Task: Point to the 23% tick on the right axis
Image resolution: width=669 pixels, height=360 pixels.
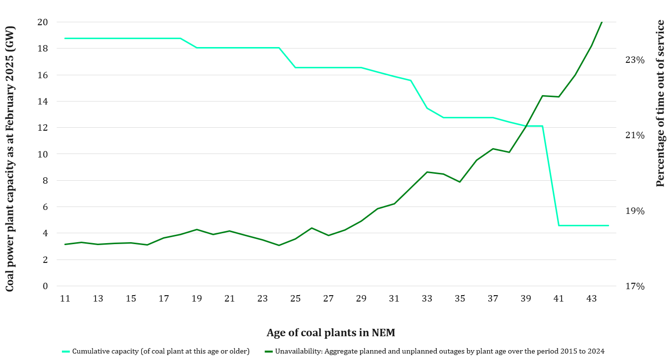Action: click(x=635, y=60)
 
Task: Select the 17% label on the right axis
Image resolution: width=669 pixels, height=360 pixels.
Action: click(x=635, y=286)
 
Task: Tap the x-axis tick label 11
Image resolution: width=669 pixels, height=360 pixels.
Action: click(x=65, y=299)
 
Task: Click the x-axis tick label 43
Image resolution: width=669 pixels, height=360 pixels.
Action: click(x=591, y=299)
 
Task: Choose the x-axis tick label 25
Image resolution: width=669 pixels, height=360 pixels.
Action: click(x=295, y=299)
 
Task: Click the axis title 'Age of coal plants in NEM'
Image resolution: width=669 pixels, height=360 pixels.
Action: click(x=331, y=332)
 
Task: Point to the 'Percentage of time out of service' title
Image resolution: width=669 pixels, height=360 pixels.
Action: click(x=660, y=103)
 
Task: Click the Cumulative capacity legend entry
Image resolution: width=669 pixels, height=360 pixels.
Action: click(x=160, y=352)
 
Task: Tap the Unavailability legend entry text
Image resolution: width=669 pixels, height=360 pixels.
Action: click(x=440, y=352)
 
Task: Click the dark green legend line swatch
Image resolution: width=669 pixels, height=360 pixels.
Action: click(x=268, y=352)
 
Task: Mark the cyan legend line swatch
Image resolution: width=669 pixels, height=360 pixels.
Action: click(x=66, y=352)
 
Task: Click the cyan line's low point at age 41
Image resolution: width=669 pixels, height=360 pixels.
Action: click(x=559, y=225)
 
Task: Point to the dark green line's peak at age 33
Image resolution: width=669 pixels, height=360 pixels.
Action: click(x=427, y=172)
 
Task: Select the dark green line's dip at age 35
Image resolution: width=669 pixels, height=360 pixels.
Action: click(x=460, y=182)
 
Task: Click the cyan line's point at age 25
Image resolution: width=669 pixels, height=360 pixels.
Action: click(x=295, y=67)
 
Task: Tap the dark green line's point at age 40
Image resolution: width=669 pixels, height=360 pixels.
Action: click(x=542, y=96)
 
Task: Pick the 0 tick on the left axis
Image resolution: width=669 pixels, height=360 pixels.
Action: click(x=45, y=286)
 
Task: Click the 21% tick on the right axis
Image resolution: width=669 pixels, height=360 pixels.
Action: click(x=635, y=135)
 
